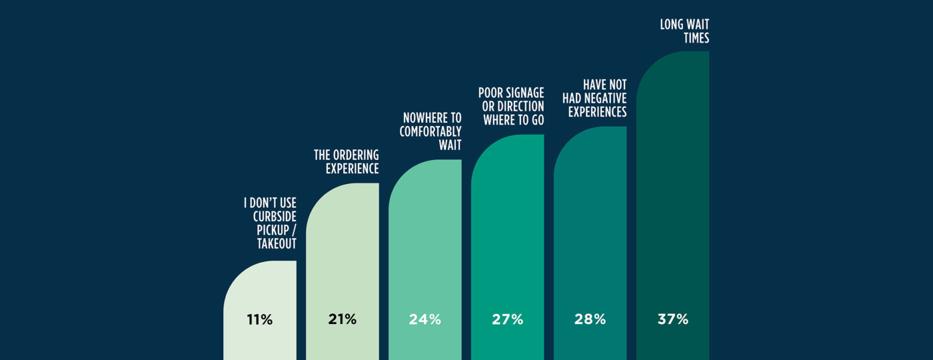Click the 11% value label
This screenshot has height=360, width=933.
pos(259,320)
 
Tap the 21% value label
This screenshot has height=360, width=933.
pos(342,319)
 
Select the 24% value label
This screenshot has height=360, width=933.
pos(425,319)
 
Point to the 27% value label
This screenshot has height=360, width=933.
pos(507,319)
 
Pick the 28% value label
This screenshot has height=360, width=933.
pos(590,319)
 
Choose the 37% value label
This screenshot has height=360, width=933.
pos(672,319)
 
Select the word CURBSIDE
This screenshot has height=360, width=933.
pos(275,216)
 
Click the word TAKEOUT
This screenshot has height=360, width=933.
pos(277,244)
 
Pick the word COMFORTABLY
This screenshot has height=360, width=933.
pos(431,131)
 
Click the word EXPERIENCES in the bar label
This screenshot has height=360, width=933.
pos(598,112)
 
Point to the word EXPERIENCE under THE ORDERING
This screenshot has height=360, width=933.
pos(352,169)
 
